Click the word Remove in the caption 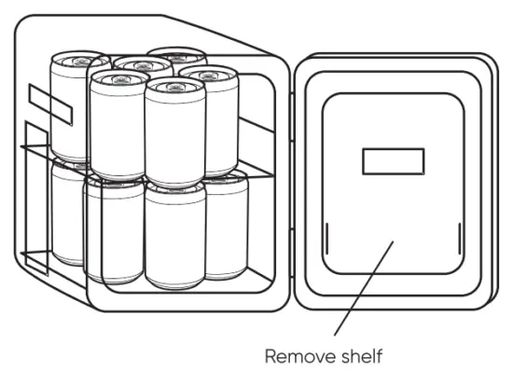[x=296, y=356]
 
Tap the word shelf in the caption [x=360, y=356]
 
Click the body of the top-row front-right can [x=174, y=135]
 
